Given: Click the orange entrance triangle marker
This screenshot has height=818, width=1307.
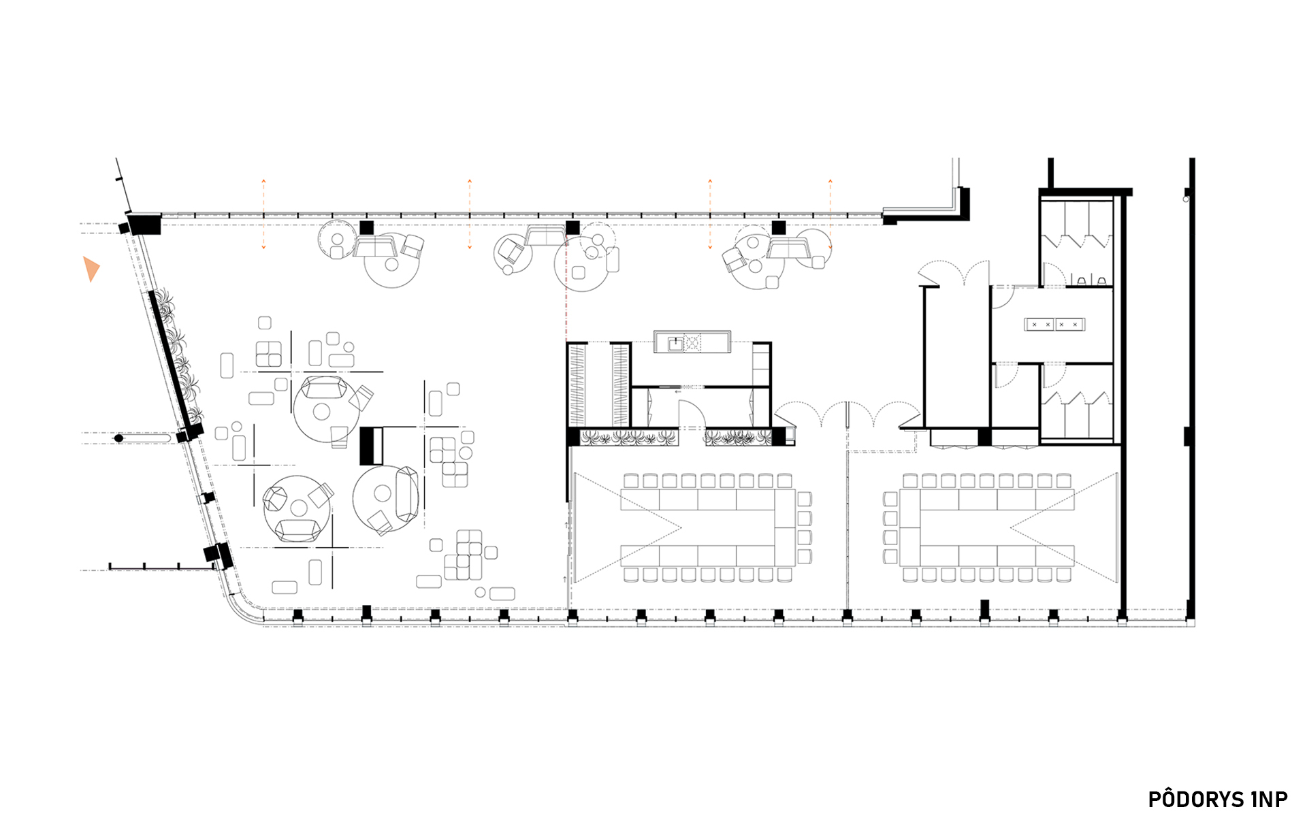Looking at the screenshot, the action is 91,268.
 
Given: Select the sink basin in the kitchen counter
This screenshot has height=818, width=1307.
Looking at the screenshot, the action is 675,343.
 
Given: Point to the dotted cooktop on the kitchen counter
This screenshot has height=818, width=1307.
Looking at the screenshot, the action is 692,343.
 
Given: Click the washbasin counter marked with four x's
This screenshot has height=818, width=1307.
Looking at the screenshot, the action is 1054,325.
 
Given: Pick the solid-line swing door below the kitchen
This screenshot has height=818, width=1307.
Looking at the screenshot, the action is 691,414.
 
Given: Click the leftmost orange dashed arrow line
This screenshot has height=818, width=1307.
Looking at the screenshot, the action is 264,214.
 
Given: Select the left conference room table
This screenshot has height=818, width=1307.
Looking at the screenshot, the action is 708,528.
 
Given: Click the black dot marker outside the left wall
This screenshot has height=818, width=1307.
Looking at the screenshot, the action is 119,438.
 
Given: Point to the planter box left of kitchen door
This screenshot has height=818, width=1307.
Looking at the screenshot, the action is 629,438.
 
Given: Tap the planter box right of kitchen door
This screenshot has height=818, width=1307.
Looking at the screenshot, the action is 738,438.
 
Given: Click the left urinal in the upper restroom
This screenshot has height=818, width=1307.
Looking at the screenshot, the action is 1082,280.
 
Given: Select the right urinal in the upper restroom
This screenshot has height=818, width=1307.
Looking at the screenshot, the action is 1101,280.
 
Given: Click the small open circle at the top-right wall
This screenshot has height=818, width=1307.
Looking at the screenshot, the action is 1186,199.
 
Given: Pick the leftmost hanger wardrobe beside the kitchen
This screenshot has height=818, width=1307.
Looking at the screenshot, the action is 577,385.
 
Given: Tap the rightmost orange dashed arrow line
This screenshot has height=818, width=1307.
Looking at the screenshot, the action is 830,214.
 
